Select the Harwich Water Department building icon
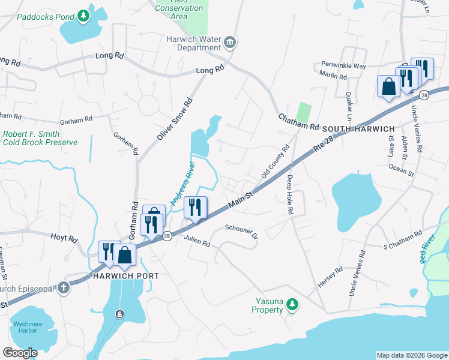(230, 43)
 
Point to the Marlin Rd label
(334, 77)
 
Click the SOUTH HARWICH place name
(358, 129)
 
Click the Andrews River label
(181, 184)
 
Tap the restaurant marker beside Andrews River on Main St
(195, 208)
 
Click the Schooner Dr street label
(241, 232)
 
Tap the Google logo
(20, 353)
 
